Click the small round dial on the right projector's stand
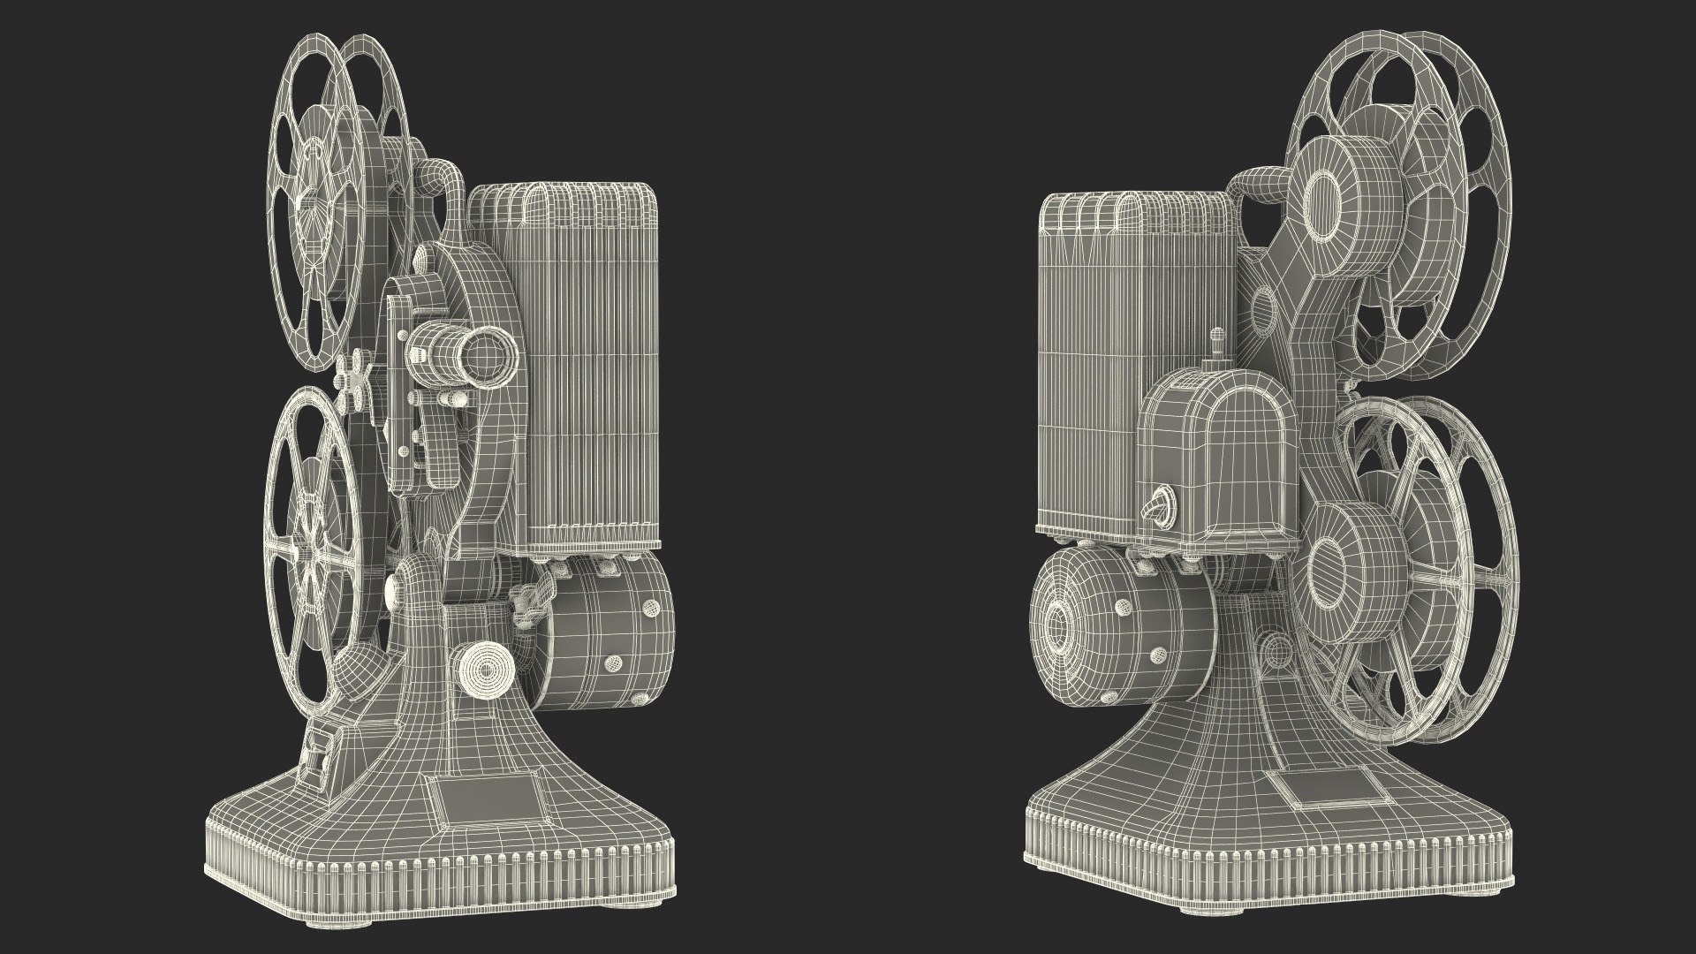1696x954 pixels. [1276, 654]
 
